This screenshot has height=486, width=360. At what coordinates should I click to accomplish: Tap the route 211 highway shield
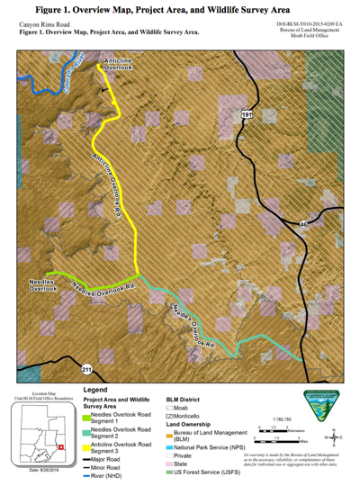86,369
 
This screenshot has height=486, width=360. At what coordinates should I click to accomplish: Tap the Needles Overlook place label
41,285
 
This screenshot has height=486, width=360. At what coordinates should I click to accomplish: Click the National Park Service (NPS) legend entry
208,447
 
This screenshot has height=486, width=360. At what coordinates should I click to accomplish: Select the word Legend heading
95,388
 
